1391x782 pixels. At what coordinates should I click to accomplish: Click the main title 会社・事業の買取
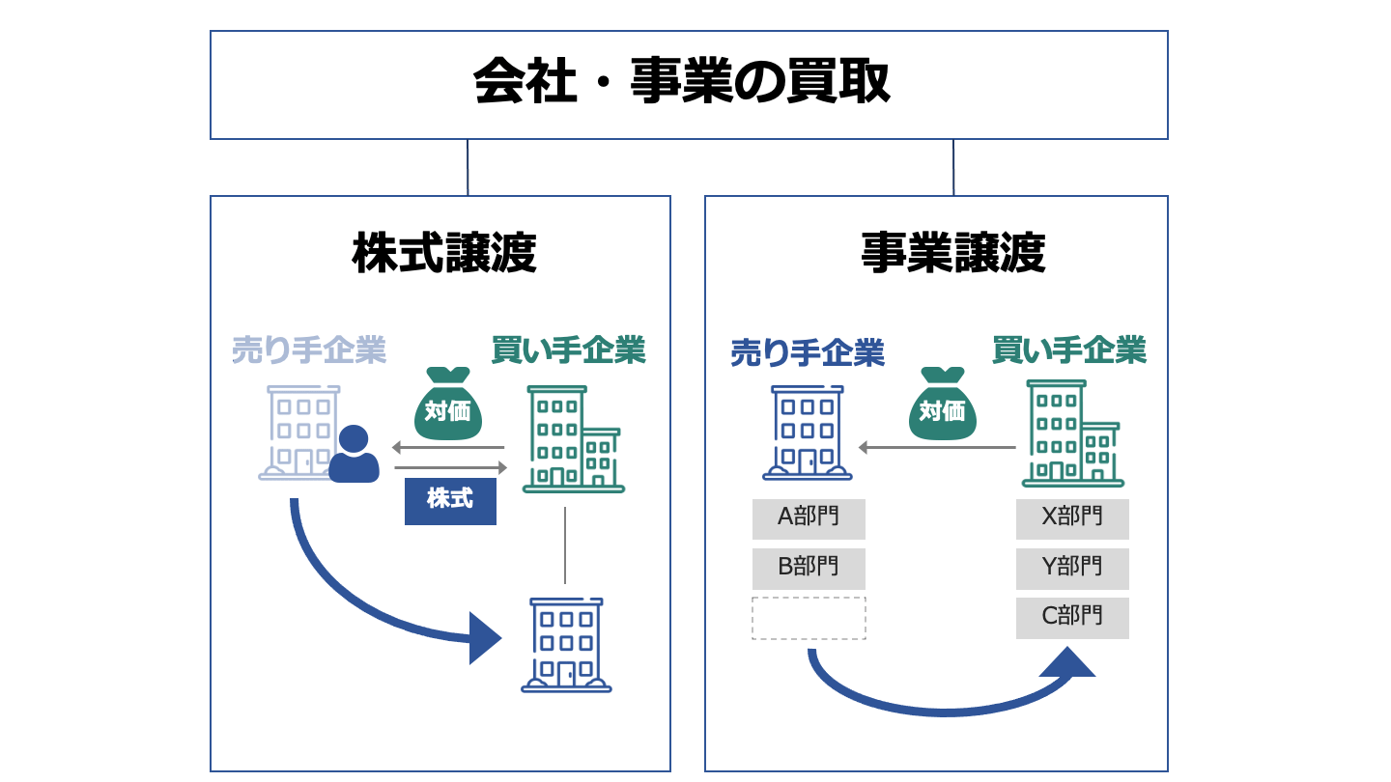click(682, 83)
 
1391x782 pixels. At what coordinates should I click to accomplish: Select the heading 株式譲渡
click(443, 255)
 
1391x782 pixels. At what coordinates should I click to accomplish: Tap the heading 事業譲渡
click(952, 255)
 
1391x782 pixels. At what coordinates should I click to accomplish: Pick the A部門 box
click(809, 518)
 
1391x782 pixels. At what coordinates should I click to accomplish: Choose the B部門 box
click(809, 569)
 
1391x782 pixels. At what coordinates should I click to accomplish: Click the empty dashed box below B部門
click(809, 618)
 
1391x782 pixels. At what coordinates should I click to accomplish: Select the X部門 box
click(1072, 518)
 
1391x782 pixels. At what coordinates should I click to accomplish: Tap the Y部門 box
click(1072, 569)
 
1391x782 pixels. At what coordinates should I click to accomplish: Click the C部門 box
click(1072, 618)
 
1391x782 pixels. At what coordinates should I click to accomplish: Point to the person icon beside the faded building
click(354, 455)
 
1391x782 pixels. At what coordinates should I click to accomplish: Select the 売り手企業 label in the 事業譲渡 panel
click(808, 352)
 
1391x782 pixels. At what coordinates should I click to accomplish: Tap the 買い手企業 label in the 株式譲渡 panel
click(568, 349)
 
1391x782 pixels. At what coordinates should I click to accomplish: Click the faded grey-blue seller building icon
click(299, 432)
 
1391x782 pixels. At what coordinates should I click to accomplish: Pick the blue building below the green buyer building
click(566, 645)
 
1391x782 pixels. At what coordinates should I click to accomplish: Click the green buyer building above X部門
click(1070, 433)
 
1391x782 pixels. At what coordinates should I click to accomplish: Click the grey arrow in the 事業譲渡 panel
click(937, 448)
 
